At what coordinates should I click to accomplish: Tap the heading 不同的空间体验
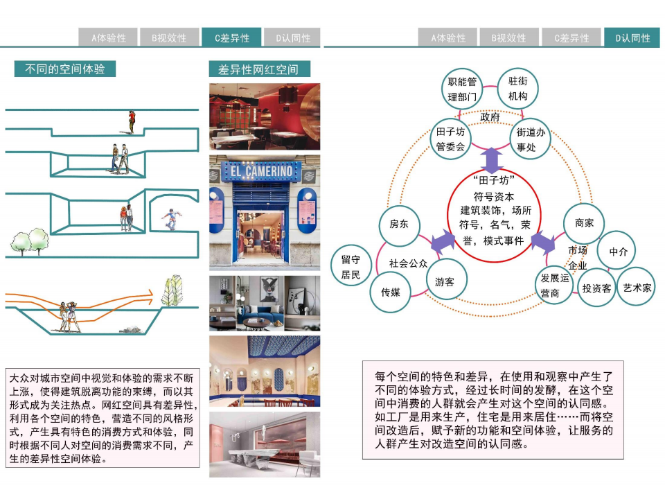tap(65, 69)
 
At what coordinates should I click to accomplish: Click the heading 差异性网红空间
tap(259, 69)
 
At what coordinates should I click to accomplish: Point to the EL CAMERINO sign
tap(264, 170)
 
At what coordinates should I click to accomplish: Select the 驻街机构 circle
tap(517, 88)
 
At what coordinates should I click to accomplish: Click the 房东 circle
tap(399, 224)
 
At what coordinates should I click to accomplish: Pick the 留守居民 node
tap(351, 267)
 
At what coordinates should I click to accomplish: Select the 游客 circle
tap(445, 281)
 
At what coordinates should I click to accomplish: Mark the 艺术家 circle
tap(636, 286)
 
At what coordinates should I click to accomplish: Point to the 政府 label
tap(490, 117)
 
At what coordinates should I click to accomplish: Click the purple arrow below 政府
tap(492, 160)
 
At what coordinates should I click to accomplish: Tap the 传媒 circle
tap(390, 292)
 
